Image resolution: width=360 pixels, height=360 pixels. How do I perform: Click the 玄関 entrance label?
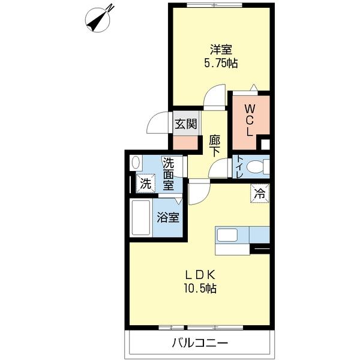186,124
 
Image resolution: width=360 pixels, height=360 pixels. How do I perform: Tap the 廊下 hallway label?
215,145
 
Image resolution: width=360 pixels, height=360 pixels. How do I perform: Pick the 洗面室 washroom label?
169,173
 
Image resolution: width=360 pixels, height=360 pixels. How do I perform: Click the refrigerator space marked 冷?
260,193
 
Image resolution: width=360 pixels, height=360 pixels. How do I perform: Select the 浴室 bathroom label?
168,217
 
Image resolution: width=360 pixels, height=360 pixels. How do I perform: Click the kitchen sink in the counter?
229,234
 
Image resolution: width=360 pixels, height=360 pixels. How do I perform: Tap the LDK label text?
200,275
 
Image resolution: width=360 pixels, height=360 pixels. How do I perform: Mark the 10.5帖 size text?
200,289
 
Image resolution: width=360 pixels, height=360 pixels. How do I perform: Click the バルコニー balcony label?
200,344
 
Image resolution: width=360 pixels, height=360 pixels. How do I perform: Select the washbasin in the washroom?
136,163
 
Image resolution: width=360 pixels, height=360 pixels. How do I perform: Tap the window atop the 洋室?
215,5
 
